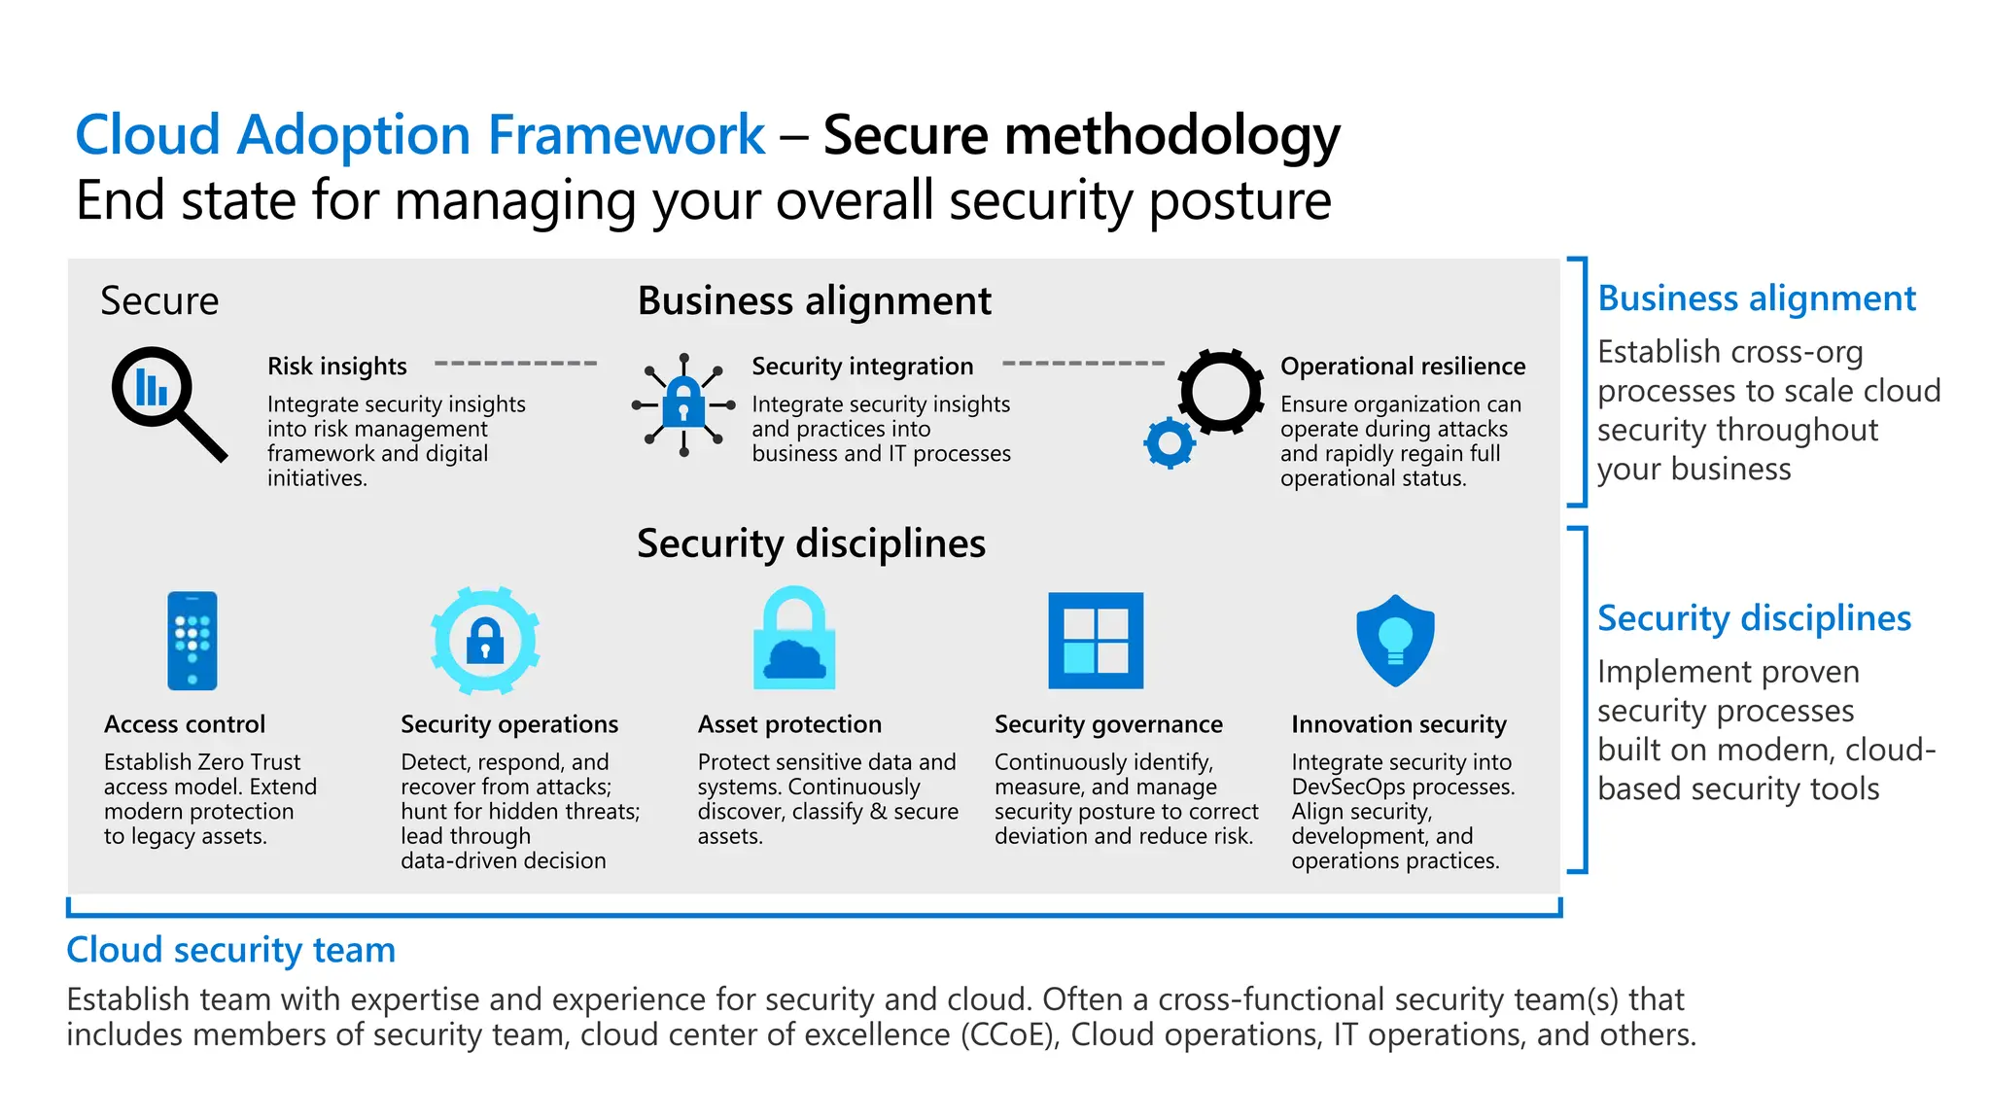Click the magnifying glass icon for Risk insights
point(167,402)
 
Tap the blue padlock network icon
point(683,404)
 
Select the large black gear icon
point(1220,391)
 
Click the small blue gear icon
point(1170,443)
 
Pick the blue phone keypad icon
point(192,641)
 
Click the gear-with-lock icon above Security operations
point(485,641)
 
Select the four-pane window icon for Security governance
point(1096,641)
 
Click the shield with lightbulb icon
point(1395,641)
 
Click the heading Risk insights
point(337,367)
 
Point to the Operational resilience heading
point(1402,367)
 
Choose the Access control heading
point(185,724)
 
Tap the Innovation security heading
point(1398,724)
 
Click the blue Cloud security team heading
point(231,950)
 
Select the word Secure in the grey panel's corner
point(159,301)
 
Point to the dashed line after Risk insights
point(515,364)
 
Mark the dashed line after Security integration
point(1083,364)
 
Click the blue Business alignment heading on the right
point(1756,298)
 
